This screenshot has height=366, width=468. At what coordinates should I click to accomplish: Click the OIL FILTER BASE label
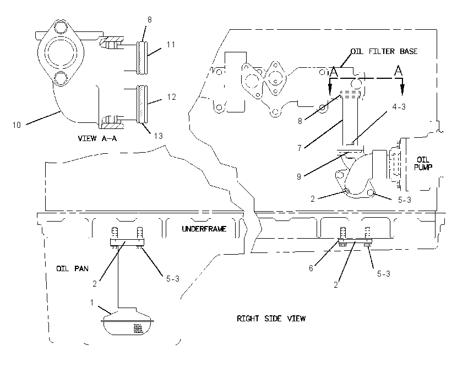384,51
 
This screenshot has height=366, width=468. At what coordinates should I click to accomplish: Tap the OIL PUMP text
423,163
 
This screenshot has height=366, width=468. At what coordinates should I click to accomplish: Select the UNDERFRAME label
204,229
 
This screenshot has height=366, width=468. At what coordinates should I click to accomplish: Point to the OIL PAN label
72,268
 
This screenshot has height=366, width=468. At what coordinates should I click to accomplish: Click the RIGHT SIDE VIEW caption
271,319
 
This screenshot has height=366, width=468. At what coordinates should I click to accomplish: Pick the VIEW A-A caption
97,138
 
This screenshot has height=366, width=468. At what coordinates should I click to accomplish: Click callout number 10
17,125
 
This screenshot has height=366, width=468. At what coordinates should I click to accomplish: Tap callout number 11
171,45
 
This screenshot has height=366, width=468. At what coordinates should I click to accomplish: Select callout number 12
171,97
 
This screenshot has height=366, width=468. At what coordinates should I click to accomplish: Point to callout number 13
158,136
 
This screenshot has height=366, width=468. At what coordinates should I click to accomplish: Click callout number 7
300,148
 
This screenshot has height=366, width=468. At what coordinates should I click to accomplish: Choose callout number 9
299,176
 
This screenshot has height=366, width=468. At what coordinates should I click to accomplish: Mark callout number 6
311,268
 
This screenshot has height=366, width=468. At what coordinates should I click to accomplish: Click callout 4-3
399,107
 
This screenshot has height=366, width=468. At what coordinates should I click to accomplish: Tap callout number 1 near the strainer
92,303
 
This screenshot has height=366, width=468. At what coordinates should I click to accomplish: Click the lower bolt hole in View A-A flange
62,78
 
